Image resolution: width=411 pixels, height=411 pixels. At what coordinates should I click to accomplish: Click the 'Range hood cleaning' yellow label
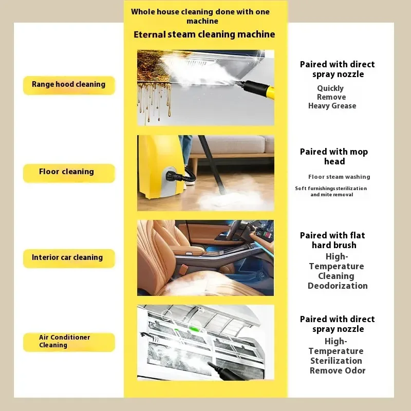coord(69,85)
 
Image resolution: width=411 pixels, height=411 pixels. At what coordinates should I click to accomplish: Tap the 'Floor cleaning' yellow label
coord(69,173)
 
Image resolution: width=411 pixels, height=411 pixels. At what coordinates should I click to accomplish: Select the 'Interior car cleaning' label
coord(69,258)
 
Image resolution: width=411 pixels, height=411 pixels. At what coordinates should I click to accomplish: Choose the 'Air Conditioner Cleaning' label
coord(69,342)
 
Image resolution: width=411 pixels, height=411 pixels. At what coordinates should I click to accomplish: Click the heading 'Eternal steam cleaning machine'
coord(204,34)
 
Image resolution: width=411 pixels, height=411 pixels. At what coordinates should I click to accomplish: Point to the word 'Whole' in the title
coord(143,12)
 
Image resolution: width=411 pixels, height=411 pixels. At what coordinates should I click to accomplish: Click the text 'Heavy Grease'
coord(332,106)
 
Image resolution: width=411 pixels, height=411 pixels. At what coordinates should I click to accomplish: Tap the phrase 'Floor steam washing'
coord(339,177)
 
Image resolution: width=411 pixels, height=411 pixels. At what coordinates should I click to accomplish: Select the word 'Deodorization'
coord(338,286)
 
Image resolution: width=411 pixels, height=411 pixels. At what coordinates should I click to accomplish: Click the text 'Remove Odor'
coord(338,370)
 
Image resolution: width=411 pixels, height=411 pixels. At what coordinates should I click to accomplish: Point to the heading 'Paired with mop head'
coord(334,157)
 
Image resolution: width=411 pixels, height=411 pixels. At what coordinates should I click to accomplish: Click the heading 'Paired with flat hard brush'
coord(332,240)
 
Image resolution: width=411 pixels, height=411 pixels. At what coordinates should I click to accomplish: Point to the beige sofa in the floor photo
coord(232,145)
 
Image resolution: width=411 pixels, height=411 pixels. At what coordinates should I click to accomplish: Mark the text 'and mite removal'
coord(332,195)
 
